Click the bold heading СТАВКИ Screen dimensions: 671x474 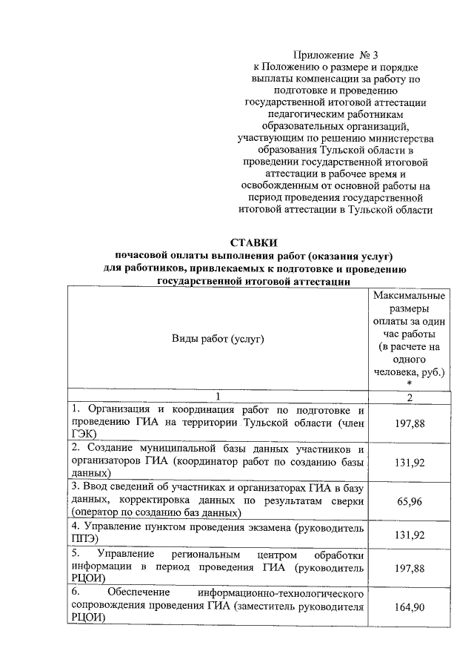pos(254,242)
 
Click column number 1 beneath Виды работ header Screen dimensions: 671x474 pos(218,397)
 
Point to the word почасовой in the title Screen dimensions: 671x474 pos(142,256)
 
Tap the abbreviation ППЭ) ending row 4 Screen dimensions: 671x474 pos(86,540)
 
